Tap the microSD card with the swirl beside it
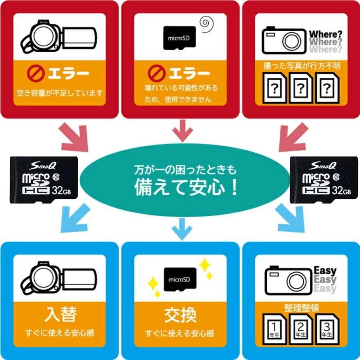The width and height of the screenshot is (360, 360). coord(180,38)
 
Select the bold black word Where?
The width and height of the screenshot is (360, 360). coord(325,33)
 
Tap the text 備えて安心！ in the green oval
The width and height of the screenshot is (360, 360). coord(186,188)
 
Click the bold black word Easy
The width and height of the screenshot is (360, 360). coord(325,271)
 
